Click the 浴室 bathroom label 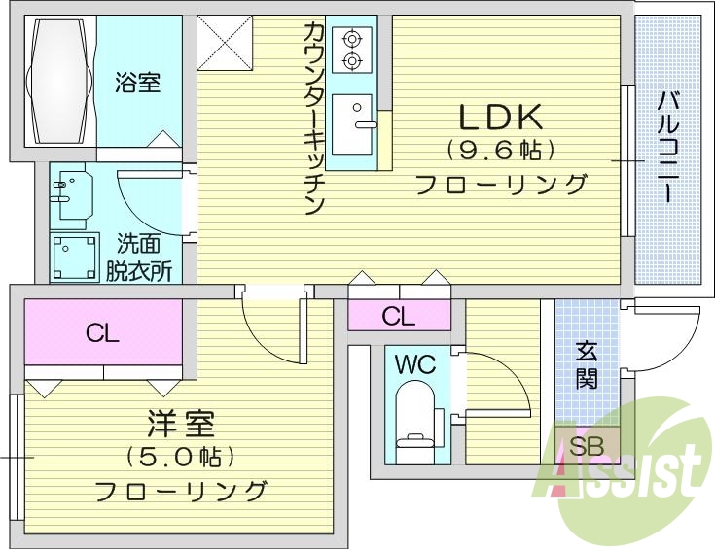click(x=137, y=83)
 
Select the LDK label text click(x=500, y=118)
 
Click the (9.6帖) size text click(x=500, y=151)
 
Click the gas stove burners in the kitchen click(x=350, y=50)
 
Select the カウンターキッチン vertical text click(x=313, y=117)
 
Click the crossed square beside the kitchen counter click(x=225, y=43)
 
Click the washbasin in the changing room click(x=71, y=195)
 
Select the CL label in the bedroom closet click(x=102, y=334)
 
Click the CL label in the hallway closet click(x=398, y=316)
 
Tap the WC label click(x=415, y=365)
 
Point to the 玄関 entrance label click(x=586, y=364)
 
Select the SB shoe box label click(x=586, y=448)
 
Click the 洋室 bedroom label click(x=181, y=425)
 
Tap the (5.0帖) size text click(x=181, y=457)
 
